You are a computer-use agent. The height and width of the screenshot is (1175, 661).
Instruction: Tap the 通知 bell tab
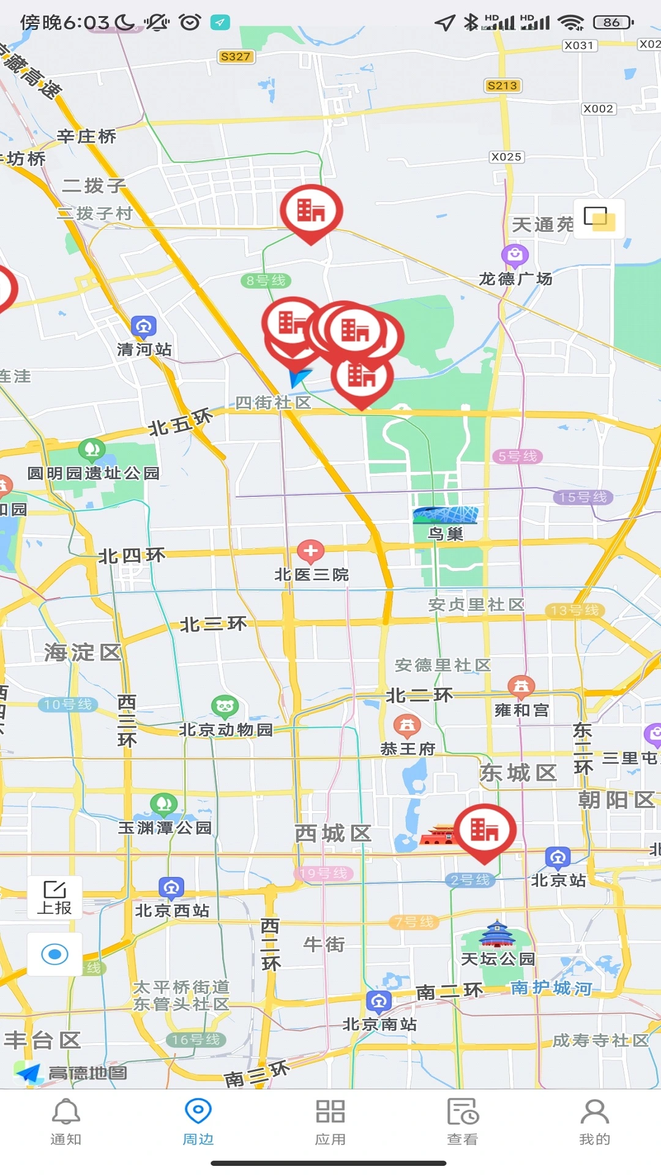(65, 1122)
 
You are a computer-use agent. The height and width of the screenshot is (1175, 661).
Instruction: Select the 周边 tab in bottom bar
(198, 1122)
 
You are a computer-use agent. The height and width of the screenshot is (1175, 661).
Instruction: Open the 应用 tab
(330, 1122)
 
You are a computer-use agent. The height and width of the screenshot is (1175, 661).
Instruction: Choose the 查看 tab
(463, 1122)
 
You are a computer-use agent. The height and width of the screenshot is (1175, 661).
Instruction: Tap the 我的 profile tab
(594, 1122)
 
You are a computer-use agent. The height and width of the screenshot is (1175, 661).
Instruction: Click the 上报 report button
(54, 897)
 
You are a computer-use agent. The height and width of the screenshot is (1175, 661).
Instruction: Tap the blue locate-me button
(54, 954)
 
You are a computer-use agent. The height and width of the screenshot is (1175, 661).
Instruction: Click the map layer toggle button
(599, 218)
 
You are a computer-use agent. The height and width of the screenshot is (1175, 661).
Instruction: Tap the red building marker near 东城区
(484, 830)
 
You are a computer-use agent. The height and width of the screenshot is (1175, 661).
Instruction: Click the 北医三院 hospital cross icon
(310, 551)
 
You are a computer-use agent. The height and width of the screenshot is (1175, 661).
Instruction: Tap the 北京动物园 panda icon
(225, 707)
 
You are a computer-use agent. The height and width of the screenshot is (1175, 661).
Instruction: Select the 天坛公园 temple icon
(497, 935)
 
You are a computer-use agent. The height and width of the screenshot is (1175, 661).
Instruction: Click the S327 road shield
(236, 57)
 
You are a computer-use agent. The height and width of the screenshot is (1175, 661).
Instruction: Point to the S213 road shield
(502, 86)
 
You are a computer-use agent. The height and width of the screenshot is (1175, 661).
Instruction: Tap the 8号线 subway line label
(266, 281)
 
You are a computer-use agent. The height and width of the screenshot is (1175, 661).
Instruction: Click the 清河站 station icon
(144, 327)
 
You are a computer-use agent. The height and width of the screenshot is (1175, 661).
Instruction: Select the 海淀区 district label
(83, 652)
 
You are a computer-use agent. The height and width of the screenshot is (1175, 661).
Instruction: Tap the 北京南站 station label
(379, 1024)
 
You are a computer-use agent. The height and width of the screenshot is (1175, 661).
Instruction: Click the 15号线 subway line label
(583, 497)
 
